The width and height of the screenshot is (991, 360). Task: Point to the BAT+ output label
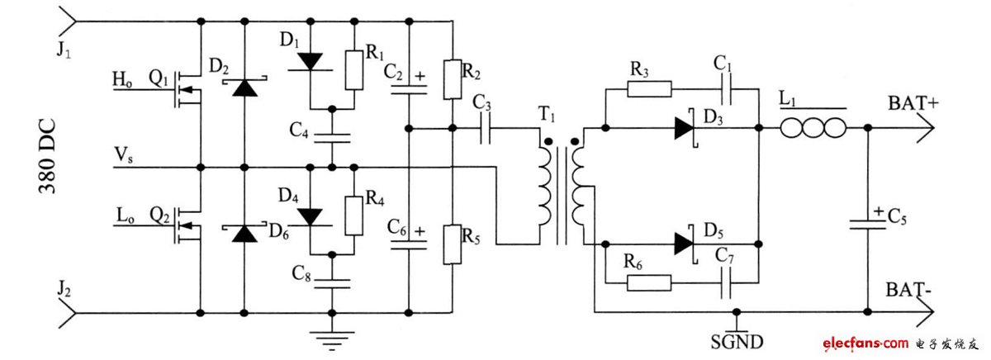click(x=912, y=105)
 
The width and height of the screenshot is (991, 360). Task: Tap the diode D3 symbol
click(x=685, y=128)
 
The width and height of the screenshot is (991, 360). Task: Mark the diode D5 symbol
click(x=685, y=244)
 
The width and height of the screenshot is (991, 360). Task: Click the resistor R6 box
click(x=650, y=282)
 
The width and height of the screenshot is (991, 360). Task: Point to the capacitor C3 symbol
click(x=483, y=128)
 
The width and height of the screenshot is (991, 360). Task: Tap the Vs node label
click(x=125, y=154)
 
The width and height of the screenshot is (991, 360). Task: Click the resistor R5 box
click(x=452, y=244)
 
